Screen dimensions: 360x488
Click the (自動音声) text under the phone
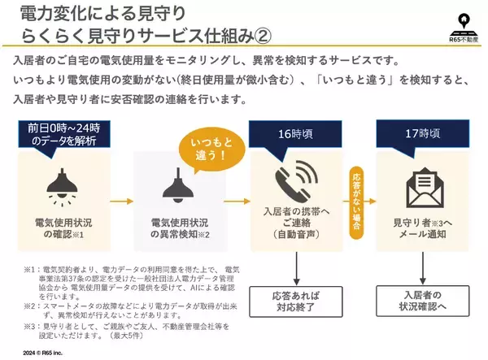click(x=294, y=235)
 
